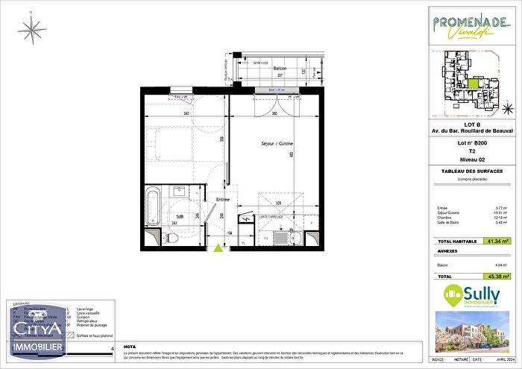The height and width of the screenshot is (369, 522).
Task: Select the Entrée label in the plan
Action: (222, 199)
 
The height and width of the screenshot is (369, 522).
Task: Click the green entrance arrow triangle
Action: (218, 249)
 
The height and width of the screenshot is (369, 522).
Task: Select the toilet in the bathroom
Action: (170, 237)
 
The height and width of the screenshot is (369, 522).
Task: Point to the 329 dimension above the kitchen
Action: (277, 202)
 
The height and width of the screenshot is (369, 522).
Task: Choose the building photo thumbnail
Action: (473, 331)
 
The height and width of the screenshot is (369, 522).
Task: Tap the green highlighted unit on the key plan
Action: (474, 83)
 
